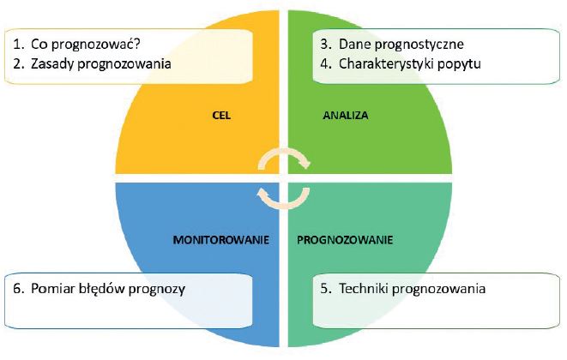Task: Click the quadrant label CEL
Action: pos(221,116)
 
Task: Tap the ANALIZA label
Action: pos(346,116)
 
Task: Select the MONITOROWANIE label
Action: pos(221,240)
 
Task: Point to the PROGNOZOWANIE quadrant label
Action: pos(345,240)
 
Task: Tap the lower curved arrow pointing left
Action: pos(284,205)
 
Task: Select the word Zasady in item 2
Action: pos(52,63)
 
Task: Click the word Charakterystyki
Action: pos(386,64)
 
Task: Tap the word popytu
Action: pos(459,64)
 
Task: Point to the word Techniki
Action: pos(364,289)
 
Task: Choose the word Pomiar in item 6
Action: pos(53,289)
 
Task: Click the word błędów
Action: pos(102,289)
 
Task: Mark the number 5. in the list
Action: pos(326,289)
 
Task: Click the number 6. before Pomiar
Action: pos(19,289)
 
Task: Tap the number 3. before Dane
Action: pos(326,44)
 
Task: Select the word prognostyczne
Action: pos(419,45)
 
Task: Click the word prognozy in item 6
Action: pos(157,290)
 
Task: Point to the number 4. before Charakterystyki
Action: pos(326,64)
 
